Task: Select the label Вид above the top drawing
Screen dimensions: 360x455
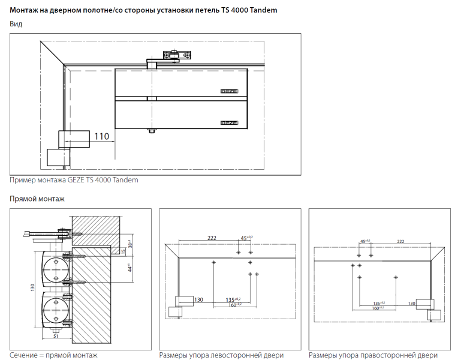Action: click(16, 24)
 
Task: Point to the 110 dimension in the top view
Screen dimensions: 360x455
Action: click(102, 136)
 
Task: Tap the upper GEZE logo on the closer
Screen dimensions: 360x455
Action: click(230, 91)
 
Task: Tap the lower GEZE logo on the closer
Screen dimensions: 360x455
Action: click(230, 122)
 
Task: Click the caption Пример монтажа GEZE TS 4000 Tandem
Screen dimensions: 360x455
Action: click(74, 180)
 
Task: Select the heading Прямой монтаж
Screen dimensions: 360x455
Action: click(37, 199)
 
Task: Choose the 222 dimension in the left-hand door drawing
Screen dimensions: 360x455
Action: click(212, 238)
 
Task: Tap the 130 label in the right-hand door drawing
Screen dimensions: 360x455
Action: click(412, 304)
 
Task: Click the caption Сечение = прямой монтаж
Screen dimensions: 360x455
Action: click(53, 355)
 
